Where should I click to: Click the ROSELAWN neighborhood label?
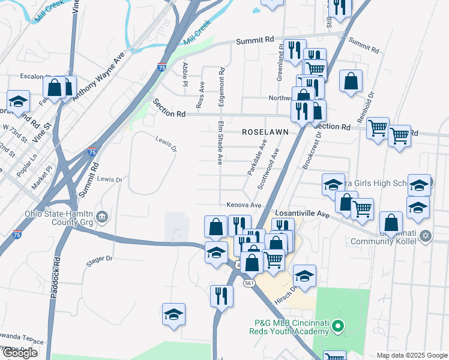[x=266, y=131]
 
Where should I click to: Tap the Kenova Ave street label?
[x=244, y=205]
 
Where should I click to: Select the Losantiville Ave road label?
[x=303, y=213]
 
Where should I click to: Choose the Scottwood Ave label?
[x=268, y=170]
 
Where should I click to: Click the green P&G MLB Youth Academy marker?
[x=337, y=327]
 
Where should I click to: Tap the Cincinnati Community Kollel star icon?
[x=426, y=235]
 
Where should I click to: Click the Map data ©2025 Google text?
[x=411, y=355]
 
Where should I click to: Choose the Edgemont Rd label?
[x=221, y=88]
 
